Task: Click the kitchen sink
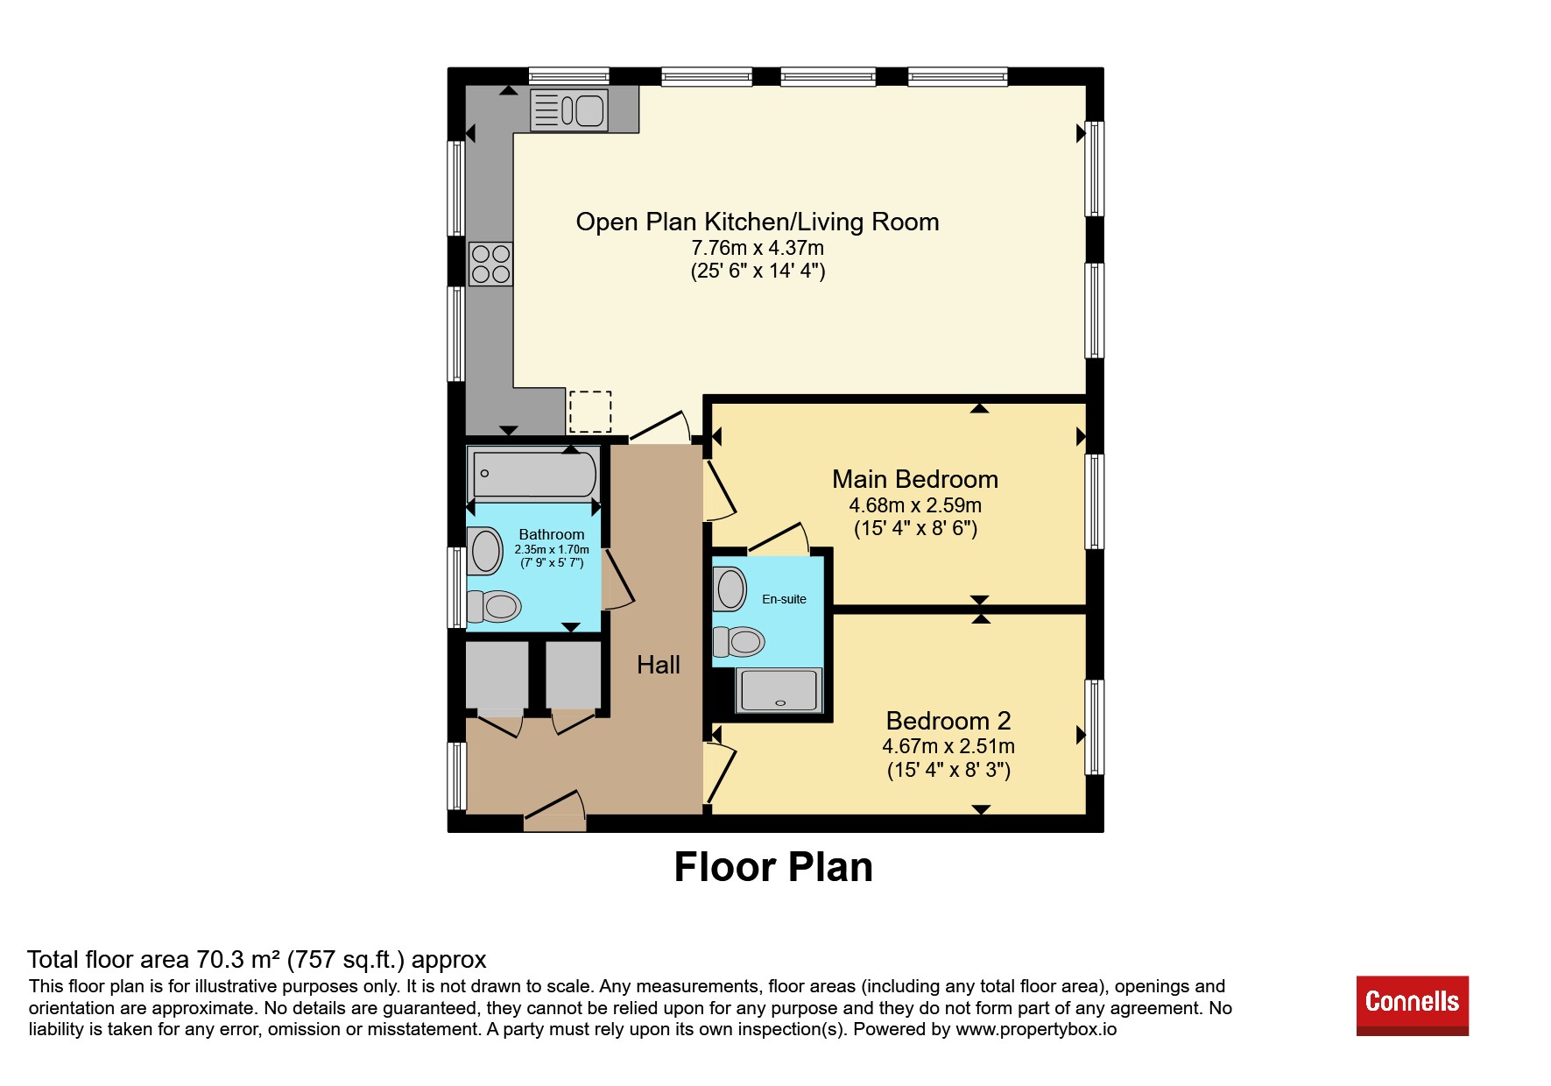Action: click(569, 110)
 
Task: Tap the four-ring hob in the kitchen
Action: click(490, 264)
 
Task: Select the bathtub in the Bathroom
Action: click(534, 474)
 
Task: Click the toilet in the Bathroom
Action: click(495, 605)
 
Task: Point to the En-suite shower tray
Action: click(779, 690)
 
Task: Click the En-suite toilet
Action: click(738, 641)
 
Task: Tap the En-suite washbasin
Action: click(730, 589)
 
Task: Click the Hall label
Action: click(659, 665)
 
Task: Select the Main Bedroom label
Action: click(915, 479)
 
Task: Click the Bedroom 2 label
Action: click(948, 721)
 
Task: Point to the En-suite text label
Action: click(784, 599)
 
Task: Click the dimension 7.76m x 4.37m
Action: click(758, 248)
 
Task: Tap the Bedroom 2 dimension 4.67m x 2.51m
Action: click(948, 746)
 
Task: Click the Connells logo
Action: click(1413, 1005)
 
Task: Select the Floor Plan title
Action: click(773, 867)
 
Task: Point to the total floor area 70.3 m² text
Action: click(257, 960)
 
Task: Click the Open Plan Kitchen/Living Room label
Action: click(758, 222)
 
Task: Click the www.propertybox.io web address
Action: click(1036, 1029)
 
